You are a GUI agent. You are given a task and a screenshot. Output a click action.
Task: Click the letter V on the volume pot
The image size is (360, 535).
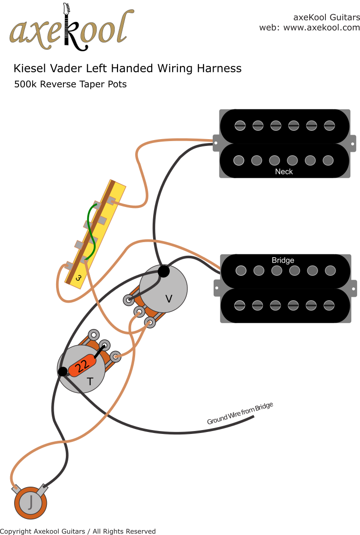tap(169, 297)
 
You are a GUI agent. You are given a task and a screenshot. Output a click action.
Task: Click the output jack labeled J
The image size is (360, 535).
tap(31, 502)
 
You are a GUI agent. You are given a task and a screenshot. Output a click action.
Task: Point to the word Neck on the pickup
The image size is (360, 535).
tap(284, 171)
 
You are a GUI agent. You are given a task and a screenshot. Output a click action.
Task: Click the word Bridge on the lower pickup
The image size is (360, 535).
tap(283, 260)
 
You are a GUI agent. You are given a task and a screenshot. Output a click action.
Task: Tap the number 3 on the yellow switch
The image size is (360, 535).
tap(78, 278)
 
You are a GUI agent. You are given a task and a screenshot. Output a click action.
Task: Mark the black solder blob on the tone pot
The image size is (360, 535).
tap(62, 372)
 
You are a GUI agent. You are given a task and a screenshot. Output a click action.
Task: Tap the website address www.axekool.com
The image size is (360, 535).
tap(321, 28)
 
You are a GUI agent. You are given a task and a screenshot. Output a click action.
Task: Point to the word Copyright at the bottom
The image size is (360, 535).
tap(16, 531)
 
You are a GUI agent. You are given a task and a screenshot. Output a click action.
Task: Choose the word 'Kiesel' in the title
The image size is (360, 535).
tap(30, 68)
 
